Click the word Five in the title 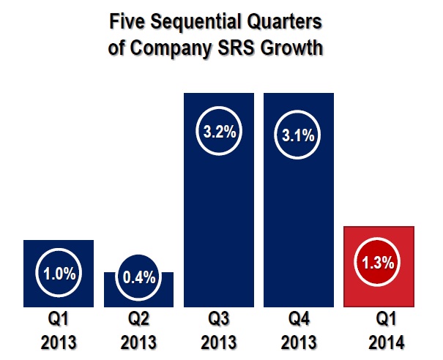tap(126, 23)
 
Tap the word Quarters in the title tap(282, 23)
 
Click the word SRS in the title tap(236, 50)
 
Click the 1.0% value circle tap(59, 274)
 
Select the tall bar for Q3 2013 tap(218, 220)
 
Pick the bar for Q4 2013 tap(299, 220)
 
